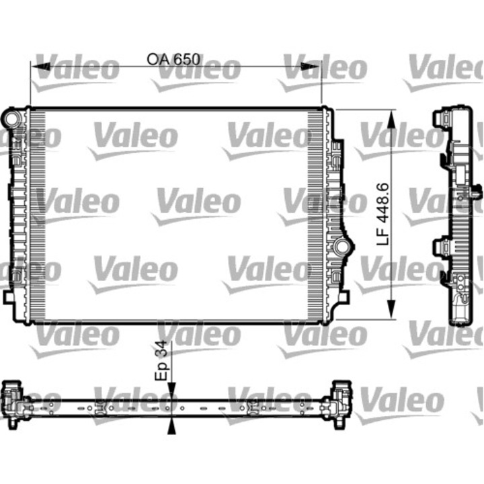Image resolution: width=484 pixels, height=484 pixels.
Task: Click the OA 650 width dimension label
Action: coord(173,59)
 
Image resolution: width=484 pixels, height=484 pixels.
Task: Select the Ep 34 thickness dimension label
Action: coord(161,360)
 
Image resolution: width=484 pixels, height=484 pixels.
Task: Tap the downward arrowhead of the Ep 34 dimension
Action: coord(172,389)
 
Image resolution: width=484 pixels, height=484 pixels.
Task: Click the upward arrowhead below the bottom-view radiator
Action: coord(172,426)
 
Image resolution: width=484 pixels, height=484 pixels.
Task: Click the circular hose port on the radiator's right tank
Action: coord(343,247)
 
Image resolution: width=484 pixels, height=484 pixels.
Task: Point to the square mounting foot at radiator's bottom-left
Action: coord(9,296)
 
